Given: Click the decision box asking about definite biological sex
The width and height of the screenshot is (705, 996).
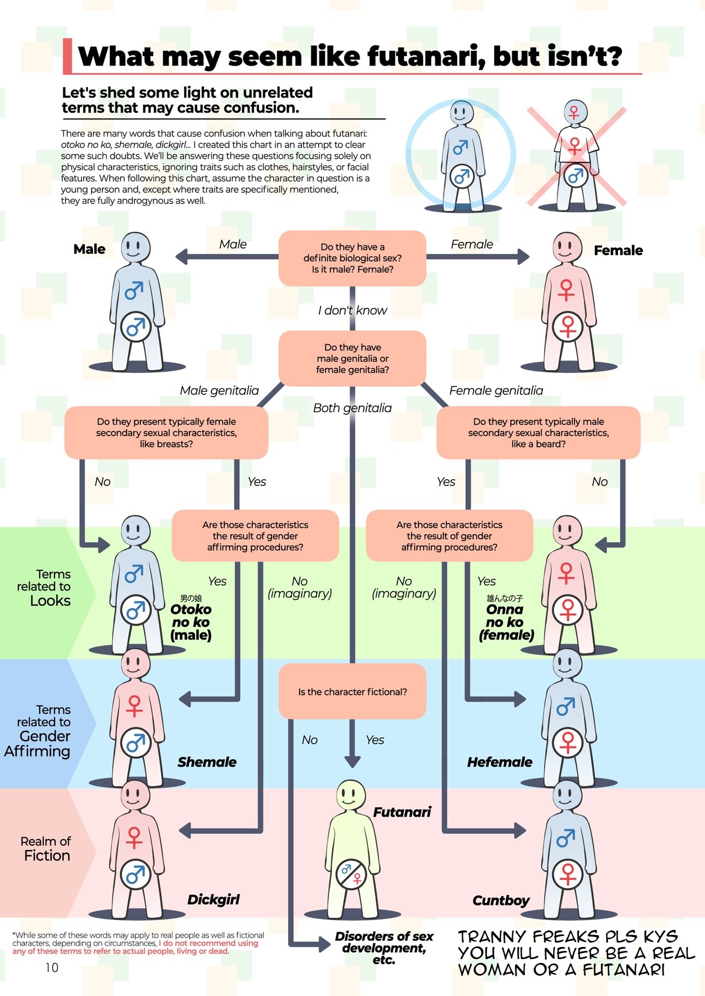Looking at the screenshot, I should (x=352, y=258).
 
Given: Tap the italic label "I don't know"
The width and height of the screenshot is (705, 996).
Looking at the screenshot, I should (x=352, y=310).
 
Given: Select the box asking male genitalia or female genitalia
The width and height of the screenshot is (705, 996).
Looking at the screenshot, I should (x=352, y=358).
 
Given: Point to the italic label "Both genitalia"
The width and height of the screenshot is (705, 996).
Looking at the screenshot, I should (x=352, y=408).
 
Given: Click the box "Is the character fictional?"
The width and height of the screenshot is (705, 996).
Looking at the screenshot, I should (x=352, y=691).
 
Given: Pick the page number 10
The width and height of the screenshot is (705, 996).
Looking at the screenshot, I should (x=52, y=967).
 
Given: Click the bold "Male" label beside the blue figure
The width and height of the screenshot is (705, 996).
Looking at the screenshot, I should (x=89, y=249).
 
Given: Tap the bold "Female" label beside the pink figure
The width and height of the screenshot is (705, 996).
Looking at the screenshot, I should (x=618, y=251).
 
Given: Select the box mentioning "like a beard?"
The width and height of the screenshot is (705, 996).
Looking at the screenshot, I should (x=538, y=432).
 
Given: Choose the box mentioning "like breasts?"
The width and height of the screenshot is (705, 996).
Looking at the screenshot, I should (x=166, y=432).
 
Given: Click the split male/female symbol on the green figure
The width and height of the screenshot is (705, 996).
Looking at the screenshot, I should (x=351, y=873).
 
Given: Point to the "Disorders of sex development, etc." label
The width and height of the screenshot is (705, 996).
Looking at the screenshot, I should (x=384, y=948).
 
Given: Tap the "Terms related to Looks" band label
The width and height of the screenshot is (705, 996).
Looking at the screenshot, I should (x=44, y=587).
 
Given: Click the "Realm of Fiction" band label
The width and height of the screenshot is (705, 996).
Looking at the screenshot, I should (x=46, y=848).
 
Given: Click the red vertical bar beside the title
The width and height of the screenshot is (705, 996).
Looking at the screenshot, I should (x=67, y=56).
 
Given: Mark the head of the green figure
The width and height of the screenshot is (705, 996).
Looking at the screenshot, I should (x=350, y=794).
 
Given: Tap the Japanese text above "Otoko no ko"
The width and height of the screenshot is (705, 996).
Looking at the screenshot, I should (x=191, y=598).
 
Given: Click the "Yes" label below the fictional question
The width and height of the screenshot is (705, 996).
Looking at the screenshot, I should (x=375, y=740).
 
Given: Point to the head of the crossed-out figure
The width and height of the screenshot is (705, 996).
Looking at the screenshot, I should (x=574, y=111).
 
